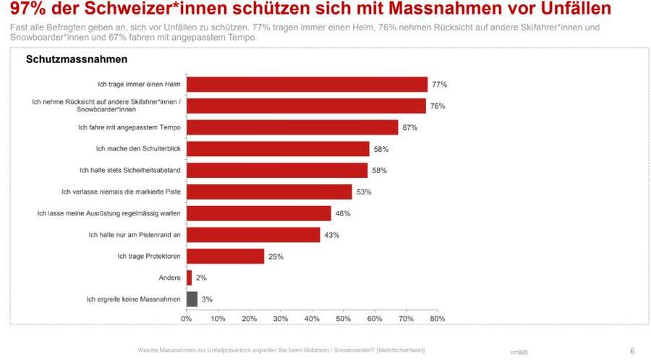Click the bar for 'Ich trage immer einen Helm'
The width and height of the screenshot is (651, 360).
tap(307, 85)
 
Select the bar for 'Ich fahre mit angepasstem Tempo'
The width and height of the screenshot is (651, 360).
tap(292, 127)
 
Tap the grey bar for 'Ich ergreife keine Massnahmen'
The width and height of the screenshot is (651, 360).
tap(192, 299)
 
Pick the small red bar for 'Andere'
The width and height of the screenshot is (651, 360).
tap(189, 278)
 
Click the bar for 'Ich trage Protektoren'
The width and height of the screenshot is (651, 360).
tap(225, 256)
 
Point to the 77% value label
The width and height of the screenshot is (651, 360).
tap(439, 85)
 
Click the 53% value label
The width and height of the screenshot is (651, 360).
tap(364, 192)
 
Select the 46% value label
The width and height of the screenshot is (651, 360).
tap(343, 213)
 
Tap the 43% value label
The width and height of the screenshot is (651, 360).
tap(332, 235)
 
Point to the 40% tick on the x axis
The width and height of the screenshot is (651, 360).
tap(312, 318)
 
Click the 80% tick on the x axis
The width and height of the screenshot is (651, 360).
tap(437, 318)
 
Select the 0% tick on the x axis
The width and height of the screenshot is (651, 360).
tap(187, 318)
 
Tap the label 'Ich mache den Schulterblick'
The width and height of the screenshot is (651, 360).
tap(138, 149)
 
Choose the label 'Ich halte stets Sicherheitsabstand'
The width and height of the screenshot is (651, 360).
tap(129, 171)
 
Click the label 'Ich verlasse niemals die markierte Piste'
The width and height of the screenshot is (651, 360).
tap(121, 192)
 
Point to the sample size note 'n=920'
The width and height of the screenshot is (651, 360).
tap(519, 352)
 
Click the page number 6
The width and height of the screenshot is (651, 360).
tap(632, 351)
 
